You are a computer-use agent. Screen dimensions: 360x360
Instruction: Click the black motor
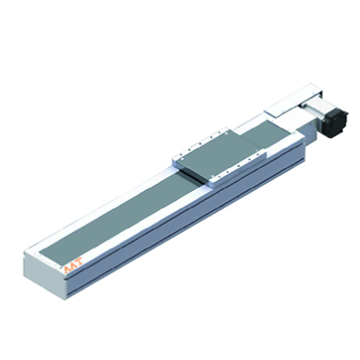click(x=336, y=122)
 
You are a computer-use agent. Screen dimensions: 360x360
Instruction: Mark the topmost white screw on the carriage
click(x=226, y=132)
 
